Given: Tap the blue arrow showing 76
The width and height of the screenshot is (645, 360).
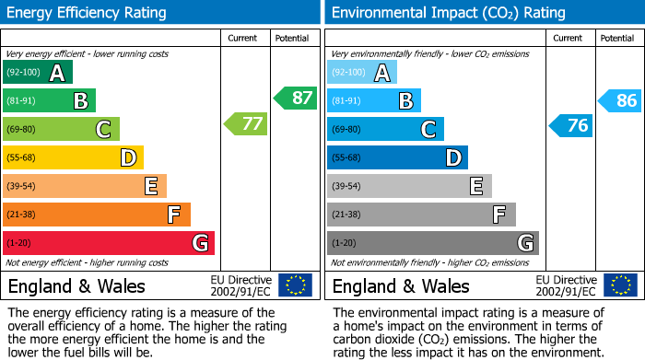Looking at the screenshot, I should click(x=570, y=126).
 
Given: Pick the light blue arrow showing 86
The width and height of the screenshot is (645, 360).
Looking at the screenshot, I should click(x=620, y=100).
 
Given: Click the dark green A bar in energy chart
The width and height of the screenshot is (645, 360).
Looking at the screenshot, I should click(x=38, y=73).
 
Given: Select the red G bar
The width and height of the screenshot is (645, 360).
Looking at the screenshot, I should click(x=109, y=243).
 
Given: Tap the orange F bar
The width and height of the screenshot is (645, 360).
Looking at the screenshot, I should click(x=97, y=215).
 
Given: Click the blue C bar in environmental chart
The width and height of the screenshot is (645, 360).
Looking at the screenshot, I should click(x=385, y=129).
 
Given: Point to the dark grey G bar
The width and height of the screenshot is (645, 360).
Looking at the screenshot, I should click(x=432, y=243).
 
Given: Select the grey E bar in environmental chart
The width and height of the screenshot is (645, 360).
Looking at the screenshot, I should click(x=409, y=186).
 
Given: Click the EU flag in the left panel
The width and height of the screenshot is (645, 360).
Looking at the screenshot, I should click(x=295, y=285).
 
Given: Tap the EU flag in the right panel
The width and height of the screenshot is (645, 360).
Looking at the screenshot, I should click(x=620, y=285).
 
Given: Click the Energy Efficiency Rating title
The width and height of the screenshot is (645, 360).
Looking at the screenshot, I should click(x=88, y=13).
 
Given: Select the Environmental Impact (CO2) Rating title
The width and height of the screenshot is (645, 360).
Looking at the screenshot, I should click(x=448, y=13).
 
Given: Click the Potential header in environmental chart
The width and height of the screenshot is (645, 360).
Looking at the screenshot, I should click(x=617, y=38).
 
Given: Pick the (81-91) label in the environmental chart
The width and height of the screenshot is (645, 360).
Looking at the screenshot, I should click(x=348, y=101).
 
